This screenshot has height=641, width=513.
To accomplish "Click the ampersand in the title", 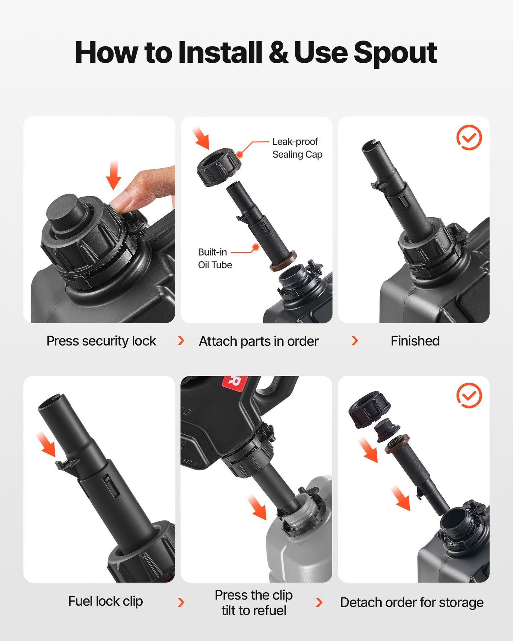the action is tap(278, 52).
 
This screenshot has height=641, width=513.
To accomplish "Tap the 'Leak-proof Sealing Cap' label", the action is tap(297, 148).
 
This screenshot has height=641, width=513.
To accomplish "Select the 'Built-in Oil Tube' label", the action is tap(215, 258).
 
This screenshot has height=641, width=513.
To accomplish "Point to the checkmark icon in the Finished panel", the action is tap(469, 137).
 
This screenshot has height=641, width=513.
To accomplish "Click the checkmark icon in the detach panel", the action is tap(469, 395).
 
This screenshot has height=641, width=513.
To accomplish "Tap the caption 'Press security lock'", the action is tap(101, 341).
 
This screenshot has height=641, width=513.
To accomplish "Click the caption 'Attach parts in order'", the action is tap(258, 341).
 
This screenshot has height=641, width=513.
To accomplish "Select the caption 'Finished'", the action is tap(415, 341).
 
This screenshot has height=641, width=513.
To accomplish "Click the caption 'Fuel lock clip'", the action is tap(105, 601).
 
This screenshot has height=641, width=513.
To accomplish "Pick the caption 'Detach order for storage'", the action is tap(412, 602).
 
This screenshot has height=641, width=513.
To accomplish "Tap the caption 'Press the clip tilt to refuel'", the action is tap(254, 602).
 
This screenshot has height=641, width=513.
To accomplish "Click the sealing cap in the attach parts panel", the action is tap(219, 167).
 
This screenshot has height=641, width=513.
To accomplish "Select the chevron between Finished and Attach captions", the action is tap(355, 341).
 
